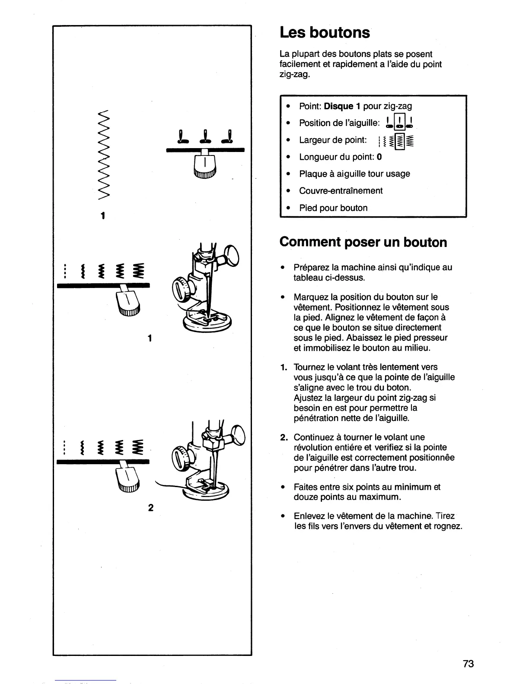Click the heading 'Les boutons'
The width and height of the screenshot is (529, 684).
click(325, 33)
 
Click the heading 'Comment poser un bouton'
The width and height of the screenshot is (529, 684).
click(363, 242)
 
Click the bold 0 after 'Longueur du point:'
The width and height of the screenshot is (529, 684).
click(379, 157)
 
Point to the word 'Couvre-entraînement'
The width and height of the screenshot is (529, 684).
click(341, 191)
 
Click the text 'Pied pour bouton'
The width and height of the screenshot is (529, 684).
click(333, 208)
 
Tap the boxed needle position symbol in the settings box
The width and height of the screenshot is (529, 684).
click(400, 123)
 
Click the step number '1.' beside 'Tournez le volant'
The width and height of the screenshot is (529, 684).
click(283, 367)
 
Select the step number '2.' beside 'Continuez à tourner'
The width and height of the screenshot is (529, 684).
click(283, 437)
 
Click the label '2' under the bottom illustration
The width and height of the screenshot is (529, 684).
click(150, 508)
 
